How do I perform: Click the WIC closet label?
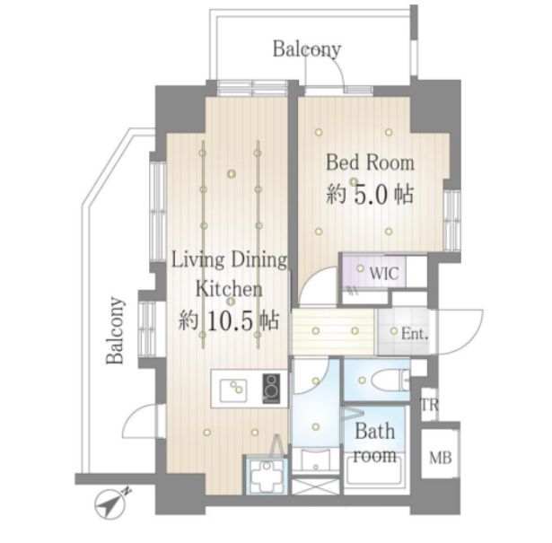point(384,273)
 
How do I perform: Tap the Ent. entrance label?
point(415,334)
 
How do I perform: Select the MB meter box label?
point(441,458)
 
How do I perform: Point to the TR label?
point(430,405)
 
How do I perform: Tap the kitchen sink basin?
point(233,390)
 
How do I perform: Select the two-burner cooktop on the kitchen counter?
point(271,389)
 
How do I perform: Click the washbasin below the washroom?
point(316,460)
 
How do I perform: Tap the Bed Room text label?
point(370,163)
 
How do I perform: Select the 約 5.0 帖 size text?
point(370,195)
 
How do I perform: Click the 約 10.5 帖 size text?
point(229,320)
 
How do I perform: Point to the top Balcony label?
point(307,49)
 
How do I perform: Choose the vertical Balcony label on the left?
point(116,331)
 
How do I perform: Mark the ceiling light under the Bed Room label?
point(353,181)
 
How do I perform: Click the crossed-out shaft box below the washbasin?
point(315,486)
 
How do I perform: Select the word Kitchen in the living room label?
point(229,289)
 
